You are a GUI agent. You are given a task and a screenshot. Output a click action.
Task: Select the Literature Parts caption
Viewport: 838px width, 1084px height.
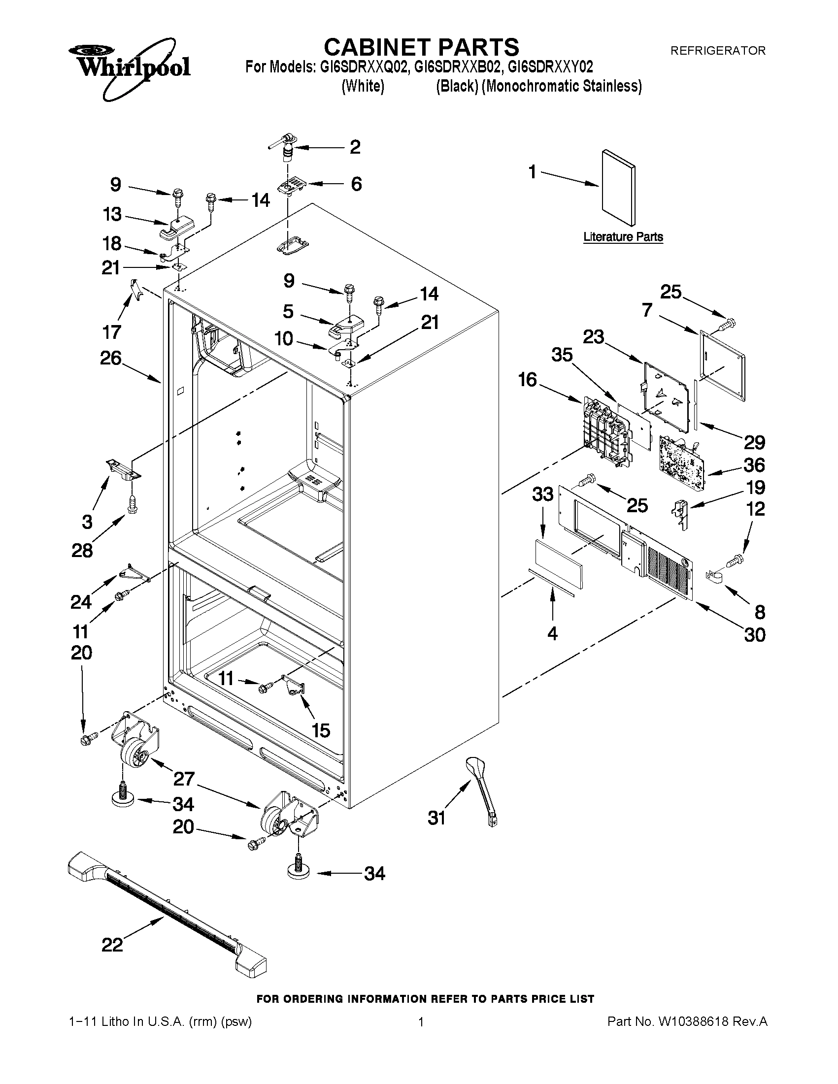[x=623, y=237]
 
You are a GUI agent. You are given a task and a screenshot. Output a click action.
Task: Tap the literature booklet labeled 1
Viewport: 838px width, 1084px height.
[x=618, y=188]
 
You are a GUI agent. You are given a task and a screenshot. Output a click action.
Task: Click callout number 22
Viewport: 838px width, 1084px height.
[x=112, y=945]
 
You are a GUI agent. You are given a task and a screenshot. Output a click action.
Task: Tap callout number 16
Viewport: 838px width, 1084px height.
[x=527, y=380]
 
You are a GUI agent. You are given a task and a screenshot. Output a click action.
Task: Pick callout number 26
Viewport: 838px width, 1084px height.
[x=111, y=358]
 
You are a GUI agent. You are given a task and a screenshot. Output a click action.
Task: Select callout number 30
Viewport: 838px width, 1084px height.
[x=755, y=635]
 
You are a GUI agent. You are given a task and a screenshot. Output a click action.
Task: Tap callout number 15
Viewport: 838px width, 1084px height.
[x=321, y=730]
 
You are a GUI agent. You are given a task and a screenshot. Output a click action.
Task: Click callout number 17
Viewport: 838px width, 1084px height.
[x=111, y=331]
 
